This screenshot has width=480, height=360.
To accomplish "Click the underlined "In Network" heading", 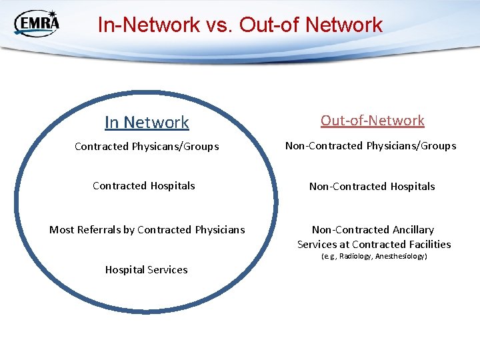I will pyautogui.click(x=147, y=123).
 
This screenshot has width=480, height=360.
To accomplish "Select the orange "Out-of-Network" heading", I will pyautogui.click(x=372, y=121).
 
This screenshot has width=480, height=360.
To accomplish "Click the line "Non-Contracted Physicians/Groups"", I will pyautogui.click(x=371, y=145).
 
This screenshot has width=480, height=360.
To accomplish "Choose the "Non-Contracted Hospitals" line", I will pyautogui.click(x=372, y=187).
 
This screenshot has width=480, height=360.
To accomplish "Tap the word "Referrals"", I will pyautogui.click(x=105, y=230).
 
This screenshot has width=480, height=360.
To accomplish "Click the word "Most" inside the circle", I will pyautogui.click(x=61, y=230).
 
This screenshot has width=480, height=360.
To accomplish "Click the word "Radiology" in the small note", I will pyautogui.click(x=357, y=256).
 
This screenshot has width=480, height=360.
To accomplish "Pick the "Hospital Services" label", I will pyautogui.click(x=147, y=270).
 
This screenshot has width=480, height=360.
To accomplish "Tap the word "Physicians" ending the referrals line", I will pyautogui.click(x=219, y=230).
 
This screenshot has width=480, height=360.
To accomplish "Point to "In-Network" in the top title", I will pyautogui.click(x=149, y=25).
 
